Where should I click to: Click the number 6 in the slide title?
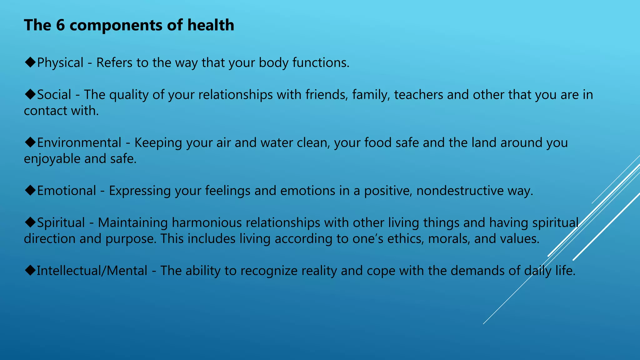coord(60,25)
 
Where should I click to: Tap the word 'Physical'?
coord(60,63)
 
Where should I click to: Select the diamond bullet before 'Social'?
coord(30,94)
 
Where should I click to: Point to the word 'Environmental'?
coord(79,143)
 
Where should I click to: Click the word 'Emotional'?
coord(67,191)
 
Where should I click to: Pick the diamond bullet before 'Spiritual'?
coord(30,222)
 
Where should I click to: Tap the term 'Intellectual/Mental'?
coord(92,271)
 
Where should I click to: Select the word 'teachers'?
coord(418,95)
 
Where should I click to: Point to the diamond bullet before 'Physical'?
coord(30,62)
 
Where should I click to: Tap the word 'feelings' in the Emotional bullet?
coord(227,191)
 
